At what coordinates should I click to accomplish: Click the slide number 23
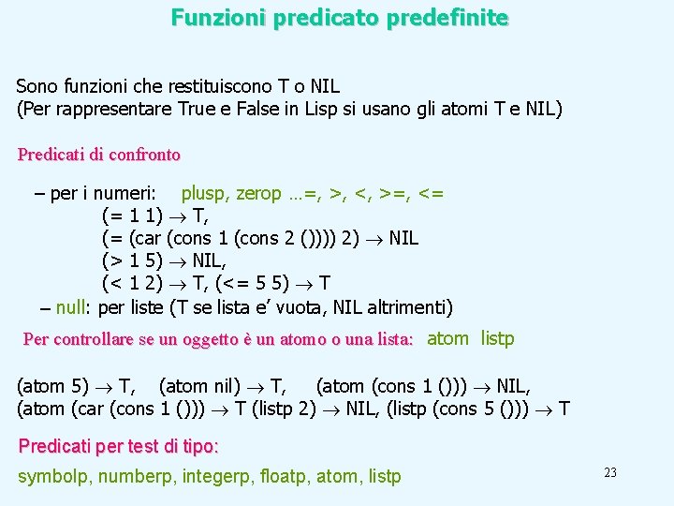click(609, 472)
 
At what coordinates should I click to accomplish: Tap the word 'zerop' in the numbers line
click(258, 194)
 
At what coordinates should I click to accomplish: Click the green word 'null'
click(72, 307)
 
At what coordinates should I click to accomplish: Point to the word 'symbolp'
click(51, 477)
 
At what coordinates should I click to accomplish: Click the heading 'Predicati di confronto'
click(99, 154)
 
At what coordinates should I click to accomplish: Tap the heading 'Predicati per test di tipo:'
click(119, 445)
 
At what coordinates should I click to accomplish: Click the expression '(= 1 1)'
click(131, 216)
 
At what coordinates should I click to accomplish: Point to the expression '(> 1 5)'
click(131, 261)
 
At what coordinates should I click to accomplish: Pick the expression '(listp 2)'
click(301, 409)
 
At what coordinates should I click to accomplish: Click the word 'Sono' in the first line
click(36, 86)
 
